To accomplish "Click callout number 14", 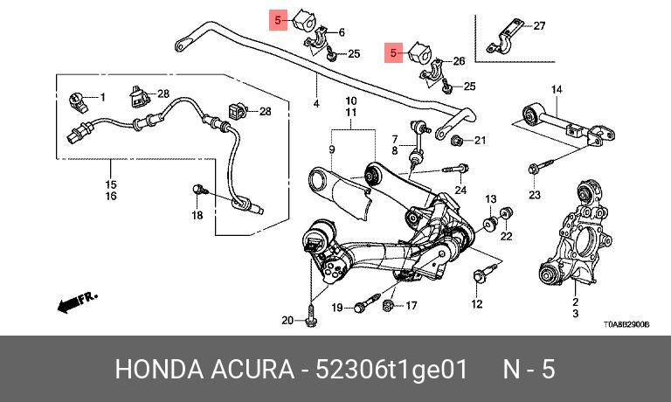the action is click(557, 89).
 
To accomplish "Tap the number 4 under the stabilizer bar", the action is click(315, 105).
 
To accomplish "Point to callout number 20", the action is click(287, 321).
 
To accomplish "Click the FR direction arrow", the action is click(76, 302).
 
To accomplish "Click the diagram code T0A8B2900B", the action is click(626, 323).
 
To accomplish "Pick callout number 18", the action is click(197, 216).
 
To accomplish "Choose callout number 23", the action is click(535, 194).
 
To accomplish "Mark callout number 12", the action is click(476, 304).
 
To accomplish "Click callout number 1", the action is click(101, 96).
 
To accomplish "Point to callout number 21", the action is click(480, 140).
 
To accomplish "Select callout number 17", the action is click(411, 305).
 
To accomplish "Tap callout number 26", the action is click(459, 62).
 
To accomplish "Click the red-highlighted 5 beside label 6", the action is click(277, 18).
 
